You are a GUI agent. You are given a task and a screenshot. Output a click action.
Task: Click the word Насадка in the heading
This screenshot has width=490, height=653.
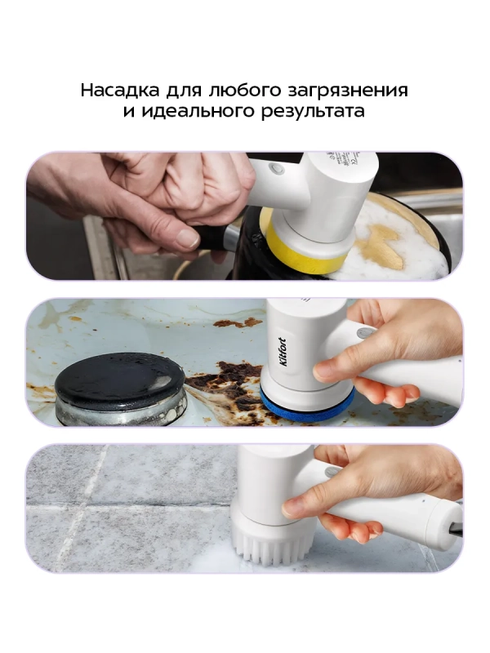coord(117,90)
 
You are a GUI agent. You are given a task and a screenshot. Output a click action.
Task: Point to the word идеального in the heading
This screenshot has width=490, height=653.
coord(191,112)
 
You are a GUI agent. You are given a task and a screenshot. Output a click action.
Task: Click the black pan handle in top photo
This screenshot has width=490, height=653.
coord(214,238)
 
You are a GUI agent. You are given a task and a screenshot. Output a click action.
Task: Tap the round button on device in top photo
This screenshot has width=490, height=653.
coord(275,168)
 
